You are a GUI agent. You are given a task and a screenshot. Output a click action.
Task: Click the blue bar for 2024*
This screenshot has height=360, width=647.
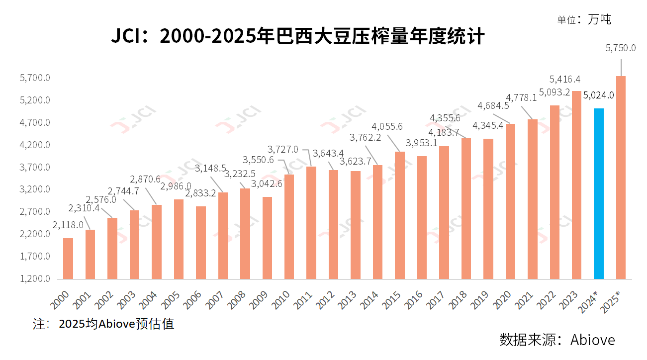pos(599,193)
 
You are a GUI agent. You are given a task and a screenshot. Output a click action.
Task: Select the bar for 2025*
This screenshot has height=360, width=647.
pos(621,177)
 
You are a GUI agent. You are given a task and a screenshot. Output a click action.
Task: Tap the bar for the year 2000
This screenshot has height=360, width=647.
pos(68,259)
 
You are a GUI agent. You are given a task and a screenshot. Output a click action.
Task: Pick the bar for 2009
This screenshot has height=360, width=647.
pos(267,238)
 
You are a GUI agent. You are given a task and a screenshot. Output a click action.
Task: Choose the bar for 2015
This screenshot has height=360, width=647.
pos(400,215)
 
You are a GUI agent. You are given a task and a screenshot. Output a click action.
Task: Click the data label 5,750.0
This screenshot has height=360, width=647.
pos(621,48)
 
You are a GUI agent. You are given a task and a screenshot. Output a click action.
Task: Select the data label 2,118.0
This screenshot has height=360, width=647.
pos(68,225)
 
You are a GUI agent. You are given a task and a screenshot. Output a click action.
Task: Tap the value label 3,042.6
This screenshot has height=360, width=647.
pos(267,183)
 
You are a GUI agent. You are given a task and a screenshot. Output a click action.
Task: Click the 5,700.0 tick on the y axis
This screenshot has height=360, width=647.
pos(35,78)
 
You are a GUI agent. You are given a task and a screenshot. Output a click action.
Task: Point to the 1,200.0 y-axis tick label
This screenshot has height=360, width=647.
pos(35,279)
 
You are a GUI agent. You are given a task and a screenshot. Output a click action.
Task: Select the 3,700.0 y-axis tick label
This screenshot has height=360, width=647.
pos(35,168)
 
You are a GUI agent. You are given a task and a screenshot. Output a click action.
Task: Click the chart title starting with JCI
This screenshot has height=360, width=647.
pos(297,36)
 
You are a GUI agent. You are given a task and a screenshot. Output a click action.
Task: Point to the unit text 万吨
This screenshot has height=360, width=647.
pos(599,19)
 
